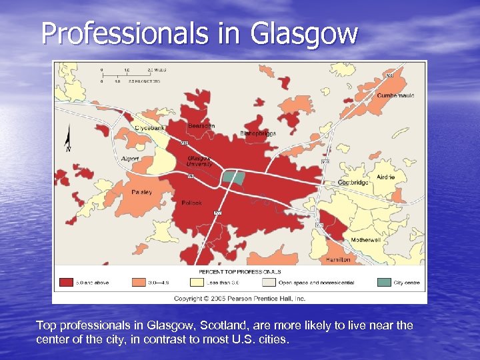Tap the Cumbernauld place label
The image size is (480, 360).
coord(395,95)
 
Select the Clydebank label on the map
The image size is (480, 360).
coord(151,127)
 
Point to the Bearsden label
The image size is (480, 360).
coord(201,125)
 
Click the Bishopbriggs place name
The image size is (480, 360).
coord(258,133)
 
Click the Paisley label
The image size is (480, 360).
coord(142,192)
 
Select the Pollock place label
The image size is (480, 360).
coord(192,203)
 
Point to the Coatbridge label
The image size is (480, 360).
coord(353,182)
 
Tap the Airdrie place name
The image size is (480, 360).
coord(385,177)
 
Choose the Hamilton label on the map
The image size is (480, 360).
coord(339,260)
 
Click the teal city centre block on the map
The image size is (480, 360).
coord(233,177)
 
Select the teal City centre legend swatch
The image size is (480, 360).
coord(383,282)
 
